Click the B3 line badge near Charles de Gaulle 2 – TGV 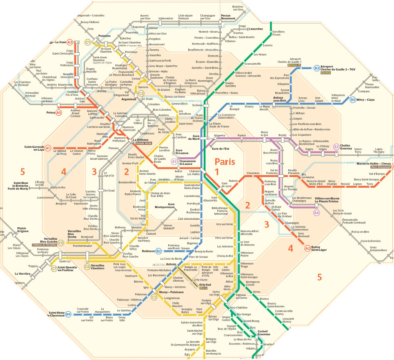[317, 68]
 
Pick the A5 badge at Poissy [59, 112]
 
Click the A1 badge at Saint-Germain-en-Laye [48, 148]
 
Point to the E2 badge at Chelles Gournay [337, 146]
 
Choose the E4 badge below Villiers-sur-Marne [317, 213]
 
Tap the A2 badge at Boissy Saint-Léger [307, 248]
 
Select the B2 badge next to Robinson [158, 251]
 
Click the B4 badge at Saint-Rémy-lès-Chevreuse [68, 315]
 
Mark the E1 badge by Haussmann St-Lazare [174, 161]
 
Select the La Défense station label [140, 140]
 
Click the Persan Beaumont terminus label [228, 17]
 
